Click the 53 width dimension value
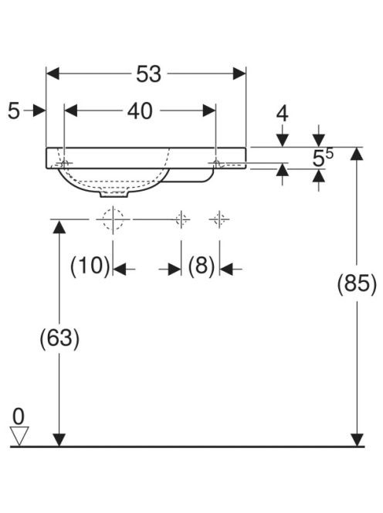148,74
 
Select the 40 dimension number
140,111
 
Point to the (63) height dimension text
59,338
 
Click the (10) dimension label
90,265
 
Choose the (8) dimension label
201,265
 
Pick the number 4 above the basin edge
283,114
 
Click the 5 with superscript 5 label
323,158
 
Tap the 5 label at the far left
14,111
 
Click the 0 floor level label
19,416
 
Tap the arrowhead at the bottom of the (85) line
357,440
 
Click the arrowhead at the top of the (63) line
59,227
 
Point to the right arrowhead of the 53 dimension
239,73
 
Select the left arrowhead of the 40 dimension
71,110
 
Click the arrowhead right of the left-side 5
39,110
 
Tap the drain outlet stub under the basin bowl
114,194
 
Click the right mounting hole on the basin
216,162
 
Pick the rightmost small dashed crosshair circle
219,219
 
